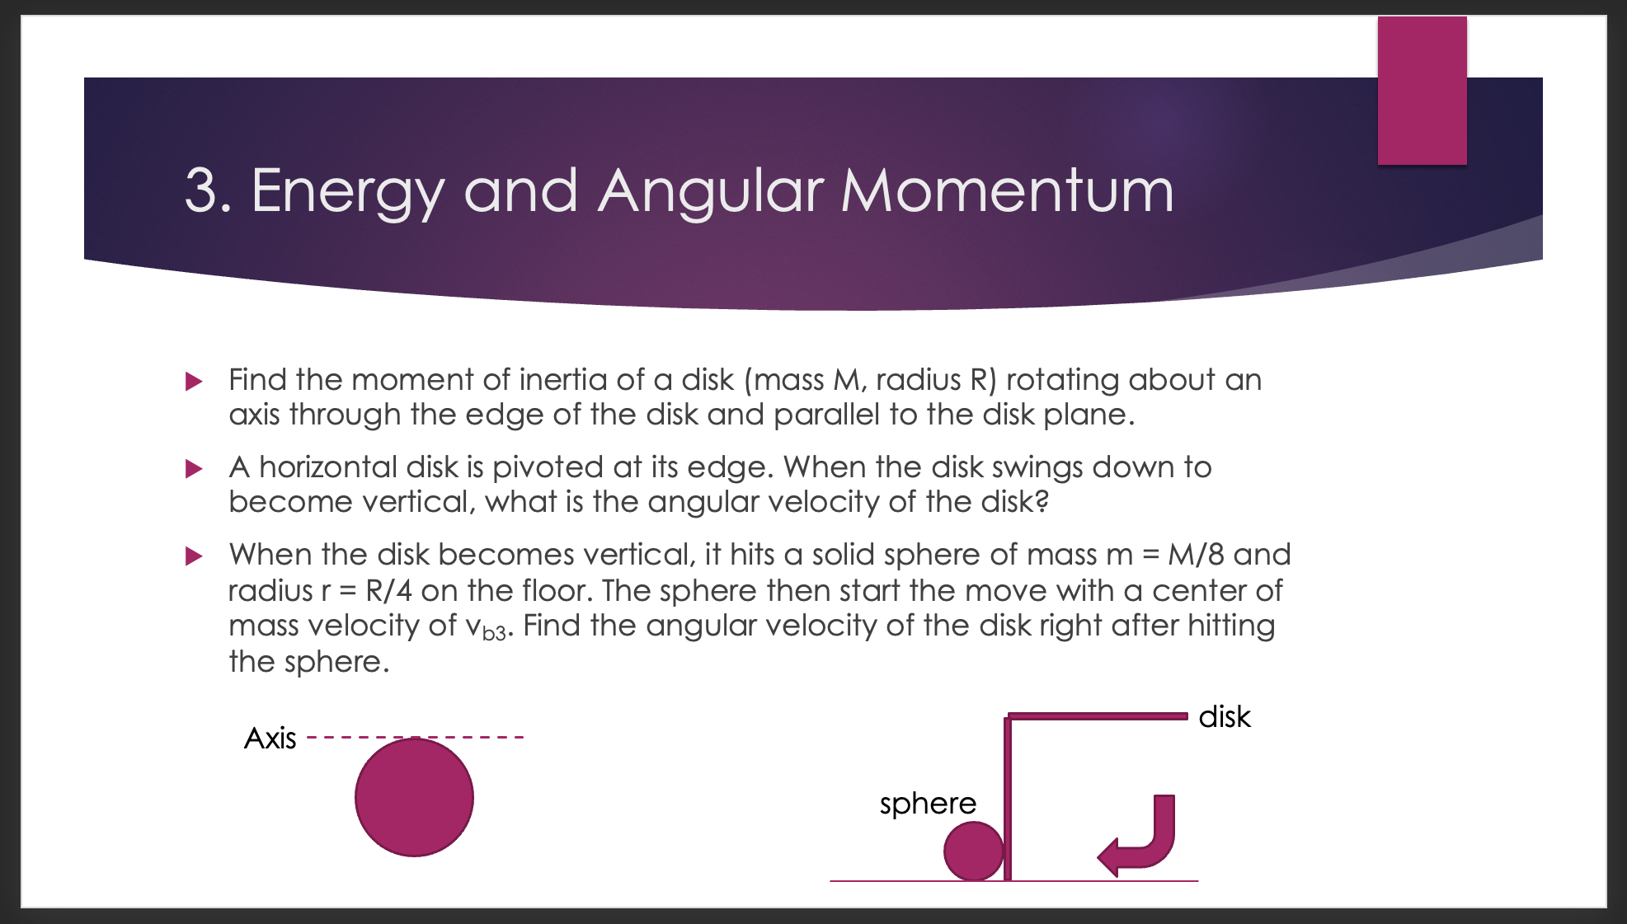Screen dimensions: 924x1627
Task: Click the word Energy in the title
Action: (x=347, y=191)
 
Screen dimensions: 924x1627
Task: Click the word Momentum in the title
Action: (x=1007, y=191)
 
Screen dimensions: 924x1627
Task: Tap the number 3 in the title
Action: (x=201, y=191)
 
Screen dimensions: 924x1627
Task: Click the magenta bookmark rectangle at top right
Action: (x=1422, y=91)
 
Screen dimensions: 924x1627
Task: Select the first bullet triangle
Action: (x=194, y=381)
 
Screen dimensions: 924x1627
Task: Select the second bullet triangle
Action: (x=194, y=469)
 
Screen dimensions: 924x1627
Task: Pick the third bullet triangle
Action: (x=194, y=556)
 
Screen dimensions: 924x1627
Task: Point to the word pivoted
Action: (x=548, y=467)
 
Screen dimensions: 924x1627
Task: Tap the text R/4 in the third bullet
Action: (x=388, y=591)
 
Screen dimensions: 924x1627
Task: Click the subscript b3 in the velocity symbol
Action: (x=494, y=633)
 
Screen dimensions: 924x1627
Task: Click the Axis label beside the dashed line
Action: (x=270, y=738)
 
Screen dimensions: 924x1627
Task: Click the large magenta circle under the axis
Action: (x=414, y=797)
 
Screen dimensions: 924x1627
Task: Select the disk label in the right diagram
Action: (x=1224, y=717)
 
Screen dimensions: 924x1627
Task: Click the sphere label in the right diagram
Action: (x=927, y=803)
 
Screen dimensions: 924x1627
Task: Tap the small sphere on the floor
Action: (x=973, y=851)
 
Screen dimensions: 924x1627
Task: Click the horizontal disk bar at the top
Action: (x=1097, y=716)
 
